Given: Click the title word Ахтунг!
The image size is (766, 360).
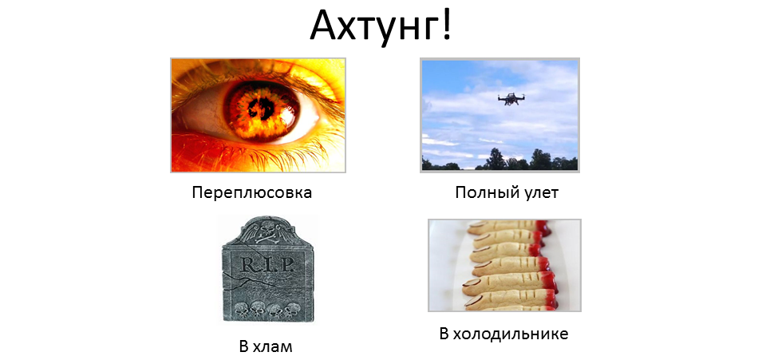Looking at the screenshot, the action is click(382, 26).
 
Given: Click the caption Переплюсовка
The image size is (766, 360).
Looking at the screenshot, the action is click(251, 192).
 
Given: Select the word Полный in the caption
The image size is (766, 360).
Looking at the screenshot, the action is click(482, 192).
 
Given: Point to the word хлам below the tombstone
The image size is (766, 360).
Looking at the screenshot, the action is click(273, 346).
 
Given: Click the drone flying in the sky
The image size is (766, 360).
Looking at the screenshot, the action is click(511, 98).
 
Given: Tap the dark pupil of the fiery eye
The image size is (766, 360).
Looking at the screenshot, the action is click(262, 106).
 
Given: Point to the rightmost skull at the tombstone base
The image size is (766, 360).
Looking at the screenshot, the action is click(292, 309).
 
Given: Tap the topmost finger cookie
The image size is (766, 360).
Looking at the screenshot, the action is click(508, 227).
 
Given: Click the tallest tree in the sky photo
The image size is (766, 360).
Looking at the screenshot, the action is click(496, 159).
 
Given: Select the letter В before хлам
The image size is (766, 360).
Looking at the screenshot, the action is click(244, 346).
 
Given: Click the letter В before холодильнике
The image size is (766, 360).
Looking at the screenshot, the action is click(444, 334).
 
